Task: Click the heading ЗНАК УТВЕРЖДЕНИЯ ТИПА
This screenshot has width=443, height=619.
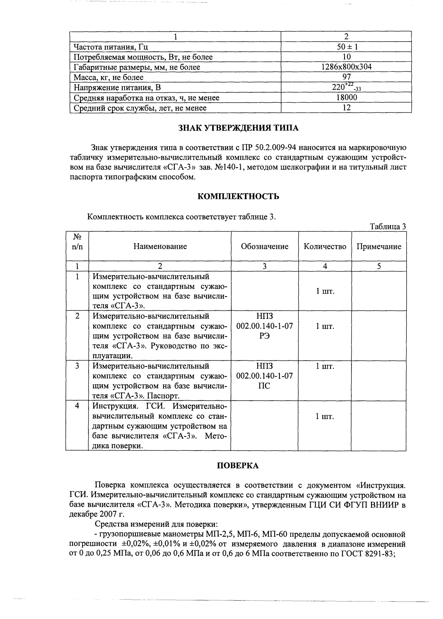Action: [238, 128]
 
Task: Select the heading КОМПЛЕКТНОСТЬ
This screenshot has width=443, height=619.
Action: [238, 196]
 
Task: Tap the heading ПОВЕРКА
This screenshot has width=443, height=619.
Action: [238, 465]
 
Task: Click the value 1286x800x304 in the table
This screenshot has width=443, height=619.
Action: [346, 67]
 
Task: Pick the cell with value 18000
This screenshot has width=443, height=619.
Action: [346, 97]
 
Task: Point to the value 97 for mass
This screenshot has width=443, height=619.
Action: [346, 77]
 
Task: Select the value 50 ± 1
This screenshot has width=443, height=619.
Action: [346, 47]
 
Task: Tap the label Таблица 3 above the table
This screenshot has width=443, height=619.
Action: [387, 227]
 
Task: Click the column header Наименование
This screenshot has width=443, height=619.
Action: [160, 246]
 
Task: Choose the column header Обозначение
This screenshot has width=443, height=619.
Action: [264, 246]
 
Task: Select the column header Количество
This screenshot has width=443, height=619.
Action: [325, 246]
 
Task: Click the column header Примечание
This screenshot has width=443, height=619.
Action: [379, 246]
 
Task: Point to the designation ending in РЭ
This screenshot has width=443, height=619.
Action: [264, 326]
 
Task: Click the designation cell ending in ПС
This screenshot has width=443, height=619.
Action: [264, 376]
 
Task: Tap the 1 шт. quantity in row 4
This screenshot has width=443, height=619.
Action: [325, 416]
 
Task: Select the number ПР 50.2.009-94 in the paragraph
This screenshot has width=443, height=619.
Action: [265, 148]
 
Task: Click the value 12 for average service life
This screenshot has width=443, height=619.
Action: [346, 108]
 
